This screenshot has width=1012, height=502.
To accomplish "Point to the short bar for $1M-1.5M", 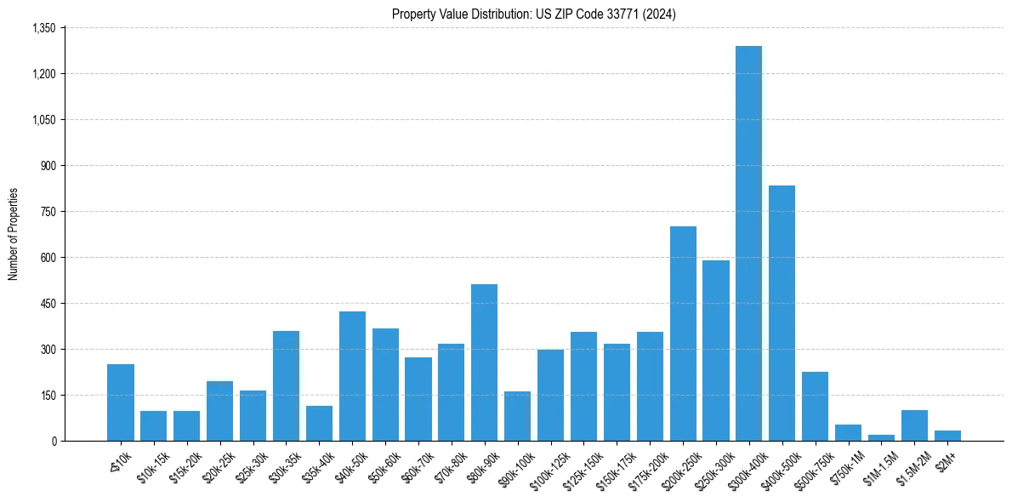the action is [881, 437].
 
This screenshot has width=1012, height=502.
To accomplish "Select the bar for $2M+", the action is [947, 436].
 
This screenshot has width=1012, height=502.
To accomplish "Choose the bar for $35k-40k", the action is [319, 423].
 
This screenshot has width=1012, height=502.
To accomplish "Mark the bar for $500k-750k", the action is [815, 406].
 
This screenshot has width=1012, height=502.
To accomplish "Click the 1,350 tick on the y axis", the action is [43, 28].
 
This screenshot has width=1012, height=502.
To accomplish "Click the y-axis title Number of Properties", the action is [14, 234].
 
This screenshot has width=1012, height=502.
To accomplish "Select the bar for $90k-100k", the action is [517, 416].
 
